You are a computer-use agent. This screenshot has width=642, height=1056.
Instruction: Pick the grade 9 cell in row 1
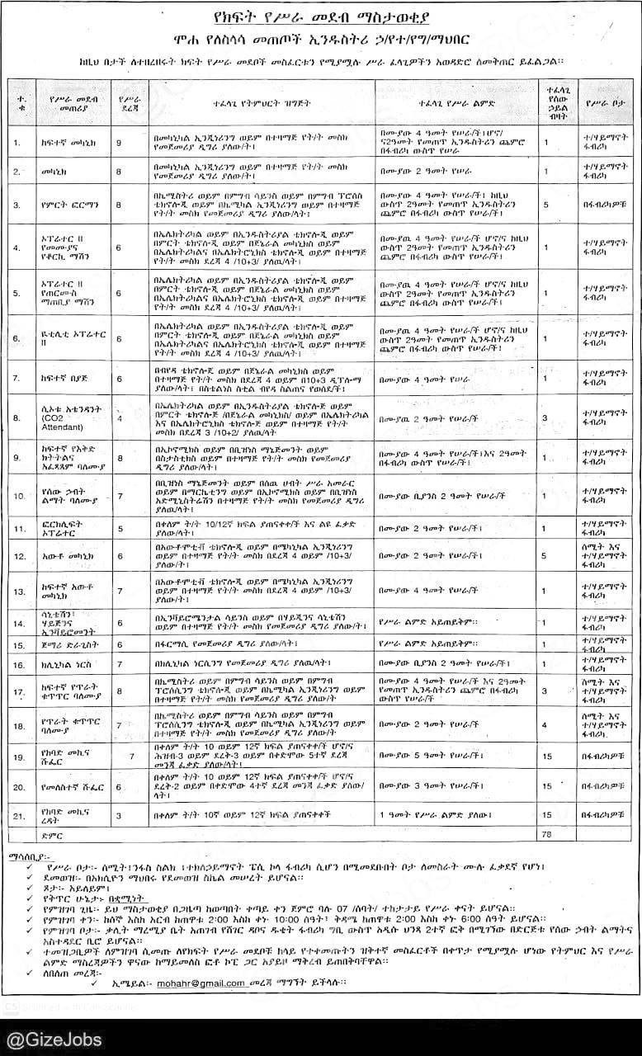pos(119,143)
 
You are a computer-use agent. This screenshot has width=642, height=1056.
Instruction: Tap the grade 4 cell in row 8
pos(119,418)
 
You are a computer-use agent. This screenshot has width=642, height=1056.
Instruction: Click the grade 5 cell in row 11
pos(119,528)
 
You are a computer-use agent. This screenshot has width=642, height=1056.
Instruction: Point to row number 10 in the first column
pos(19,496)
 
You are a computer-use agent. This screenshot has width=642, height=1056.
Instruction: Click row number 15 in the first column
pos(19,643)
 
